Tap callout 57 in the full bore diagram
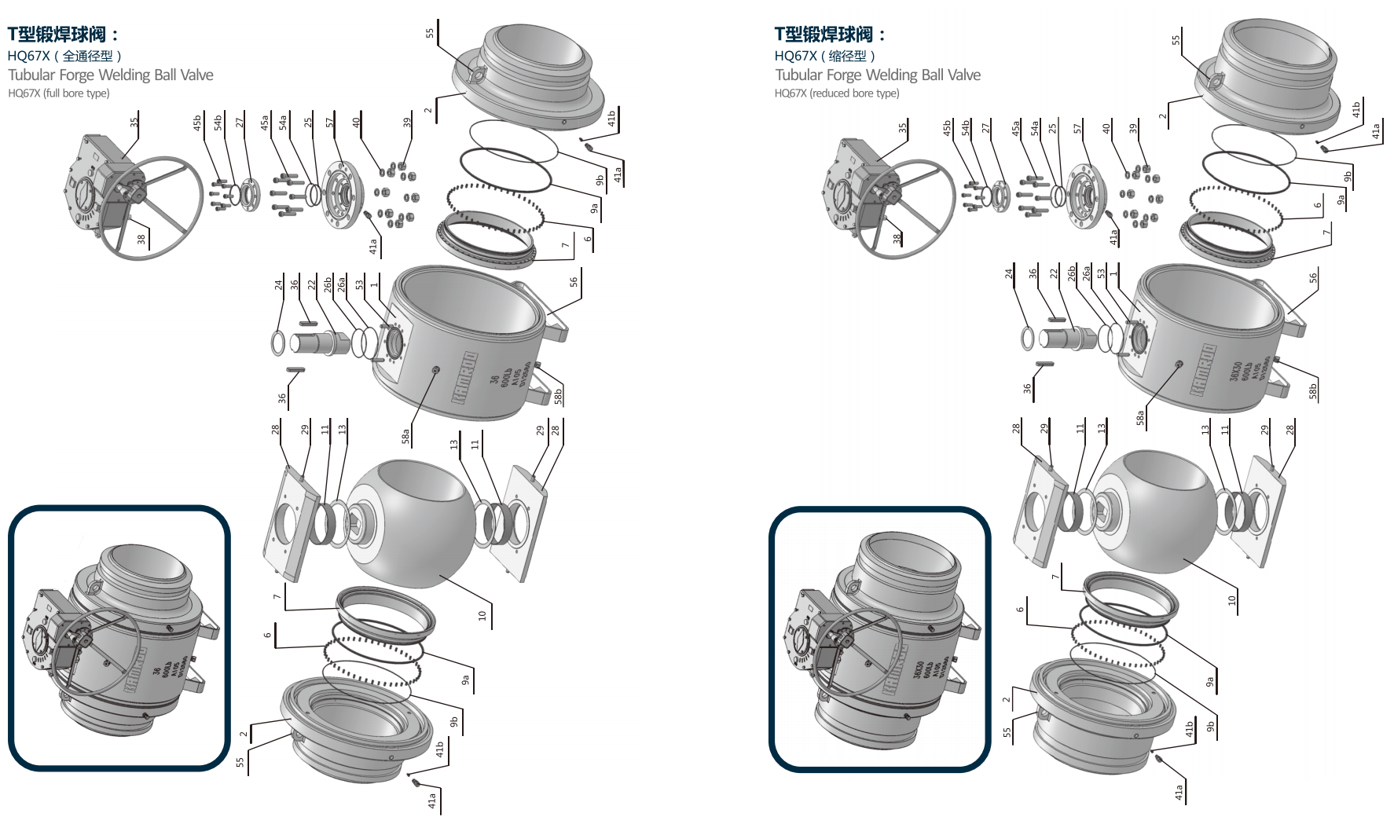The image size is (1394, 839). coord(330,122)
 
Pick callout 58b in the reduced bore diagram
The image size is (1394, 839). coord(1312,390)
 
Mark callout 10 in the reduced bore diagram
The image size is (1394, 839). coord(1231,600)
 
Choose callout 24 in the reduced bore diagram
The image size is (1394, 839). coord(1009,274)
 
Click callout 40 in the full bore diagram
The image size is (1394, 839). coord(357,122)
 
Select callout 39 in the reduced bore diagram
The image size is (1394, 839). coord(1133,128)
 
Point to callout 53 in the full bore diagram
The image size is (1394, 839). coord(360,284)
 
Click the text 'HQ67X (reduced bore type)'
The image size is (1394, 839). coord(836,93)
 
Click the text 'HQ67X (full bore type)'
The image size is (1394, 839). coord(59,93)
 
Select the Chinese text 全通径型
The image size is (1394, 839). coord(87,56)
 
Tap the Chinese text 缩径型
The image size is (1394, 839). coord(848,56)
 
